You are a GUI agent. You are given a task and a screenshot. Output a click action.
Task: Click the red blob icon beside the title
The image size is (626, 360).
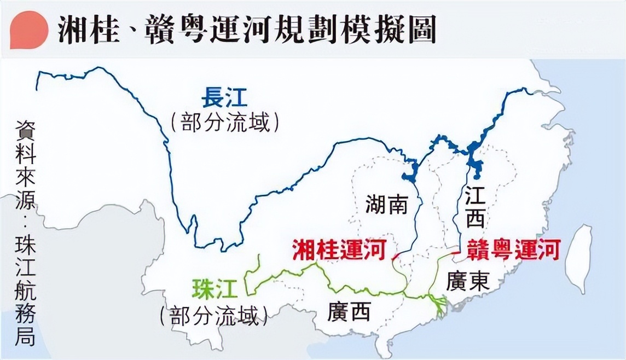tap(28, 30)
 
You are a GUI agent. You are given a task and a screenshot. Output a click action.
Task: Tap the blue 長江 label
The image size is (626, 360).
tap(224, 100)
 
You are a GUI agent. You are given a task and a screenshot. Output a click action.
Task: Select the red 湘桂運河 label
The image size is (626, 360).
tap(339, 249)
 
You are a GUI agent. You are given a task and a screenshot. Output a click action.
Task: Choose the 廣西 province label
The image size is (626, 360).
tap(349, 311)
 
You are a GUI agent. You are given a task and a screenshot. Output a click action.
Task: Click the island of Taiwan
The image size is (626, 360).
tap(579, 257)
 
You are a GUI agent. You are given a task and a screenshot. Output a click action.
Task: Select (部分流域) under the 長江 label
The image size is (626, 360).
tap(224, 123)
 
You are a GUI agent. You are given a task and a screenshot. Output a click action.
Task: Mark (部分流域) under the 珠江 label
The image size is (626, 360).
tap(214, 316)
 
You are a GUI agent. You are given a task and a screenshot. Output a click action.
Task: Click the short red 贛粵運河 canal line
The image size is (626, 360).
tap(451, 253)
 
